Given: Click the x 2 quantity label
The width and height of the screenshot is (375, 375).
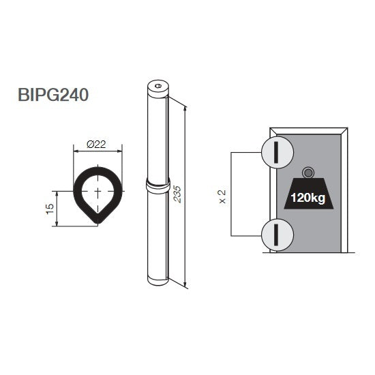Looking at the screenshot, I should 222,196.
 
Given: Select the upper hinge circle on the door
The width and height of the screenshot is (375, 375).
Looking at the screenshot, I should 276,150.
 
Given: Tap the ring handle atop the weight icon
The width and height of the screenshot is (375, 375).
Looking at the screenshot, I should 308,172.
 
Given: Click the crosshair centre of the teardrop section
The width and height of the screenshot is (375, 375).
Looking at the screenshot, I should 97,192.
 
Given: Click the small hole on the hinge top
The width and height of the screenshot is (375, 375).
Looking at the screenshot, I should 157,86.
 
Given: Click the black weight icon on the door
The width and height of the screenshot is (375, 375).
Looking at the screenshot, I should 308,194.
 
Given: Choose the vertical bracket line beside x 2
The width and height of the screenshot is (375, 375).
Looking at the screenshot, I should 232,193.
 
